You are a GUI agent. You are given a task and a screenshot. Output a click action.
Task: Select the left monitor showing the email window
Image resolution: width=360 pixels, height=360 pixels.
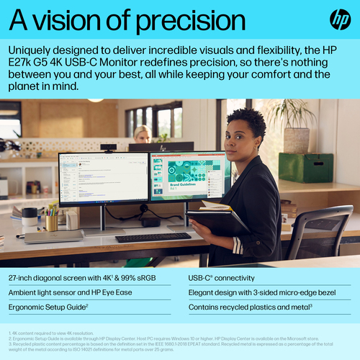click(x=103, y=178)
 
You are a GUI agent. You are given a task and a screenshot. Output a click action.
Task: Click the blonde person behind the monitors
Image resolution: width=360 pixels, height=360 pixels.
click(x=142, y=133)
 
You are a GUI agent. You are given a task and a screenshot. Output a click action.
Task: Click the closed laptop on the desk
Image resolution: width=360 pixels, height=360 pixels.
click(x=54, y=236)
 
